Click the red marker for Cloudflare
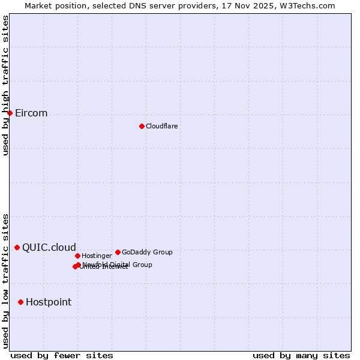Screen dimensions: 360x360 [142, 126]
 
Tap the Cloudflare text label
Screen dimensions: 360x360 [161, 126]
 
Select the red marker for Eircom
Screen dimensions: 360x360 [10, 113]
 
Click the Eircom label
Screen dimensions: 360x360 [31, 113]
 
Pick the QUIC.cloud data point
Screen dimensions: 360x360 [17, 247]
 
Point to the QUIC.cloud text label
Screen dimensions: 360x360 [49, 248]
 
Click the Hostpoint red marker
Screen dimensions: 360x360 [20, 302]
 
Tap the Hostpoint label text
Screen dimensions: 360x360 [49, 302]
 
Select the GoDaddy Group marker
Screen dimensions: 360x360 [118, 252]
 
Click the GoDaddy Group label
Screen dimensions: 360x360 [147, 252]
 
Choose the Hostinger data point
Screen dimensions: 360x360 [77, 256]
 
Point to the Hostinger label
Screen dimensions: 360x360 [97, 256]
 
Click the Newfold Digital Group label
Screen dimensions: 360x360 [118, 264]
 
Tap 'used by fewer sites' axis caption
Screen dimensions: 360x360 [62, 355]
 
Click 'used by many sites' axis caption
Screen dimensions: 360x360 [301, 355]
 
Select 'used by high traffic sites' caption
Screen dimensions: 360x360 [5, 85]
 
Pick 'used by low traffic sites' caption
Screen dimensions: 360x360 [5, 280]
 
